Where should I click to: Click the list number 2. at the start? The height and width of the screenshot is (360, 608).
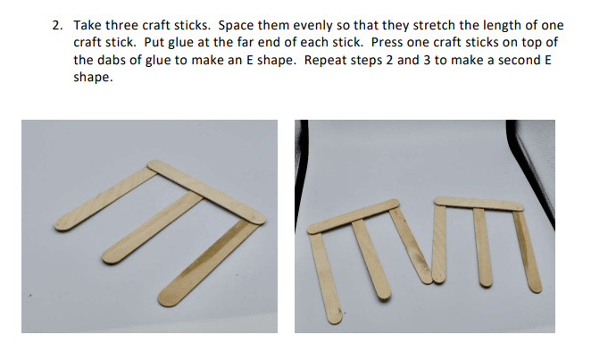click(x=57, y=26)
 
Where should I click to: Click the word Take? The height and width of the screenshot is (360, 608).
click(x=87, y=25)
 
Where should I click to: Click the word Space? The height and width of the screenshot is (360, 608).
click(x=234, y=26)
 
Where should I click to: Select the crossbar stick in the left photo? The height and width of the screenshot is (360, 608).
click(x=206, y=192)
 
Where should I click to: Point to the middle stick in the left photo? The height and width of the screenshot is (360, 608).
click(x=152, y=227)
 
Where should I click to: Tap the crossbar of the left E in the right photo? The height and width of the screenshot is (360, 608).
click(x=353, y=216)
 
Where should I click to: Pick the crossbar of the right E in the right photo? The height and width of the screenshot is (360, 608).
click(x=479, y=204)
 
